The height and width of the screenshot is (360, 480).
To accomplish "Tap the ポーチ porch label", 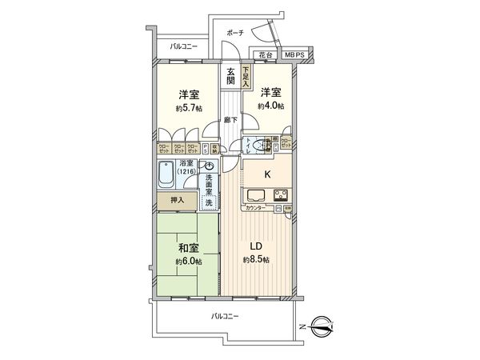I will (234, 33).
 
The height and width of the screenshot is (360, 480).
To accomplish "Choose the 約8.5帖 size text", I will (257, 260).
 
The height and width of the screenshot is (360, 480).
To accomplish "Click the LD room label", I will (255, 245).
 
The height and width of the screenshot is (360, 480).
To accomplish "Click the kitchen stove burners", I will (282, 195).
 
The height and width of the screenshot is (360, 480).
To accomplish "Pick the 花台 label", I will (265, 54).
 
